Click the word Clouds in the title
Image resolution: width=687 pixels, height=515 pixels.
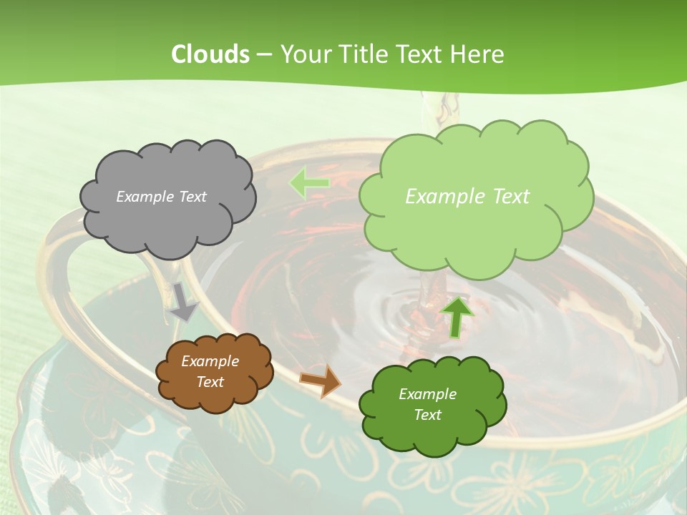coord(210,54)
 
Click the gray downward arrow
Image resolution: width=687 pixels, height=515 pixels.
coord(183,302)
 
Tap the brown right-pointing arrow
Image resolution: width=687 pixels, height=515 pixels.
coord(321,381)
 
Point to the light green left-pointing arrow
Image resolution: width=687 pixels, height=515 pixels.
coord(308,183)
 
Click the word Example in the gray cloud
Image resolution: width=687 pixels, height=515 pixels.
coord(143,197)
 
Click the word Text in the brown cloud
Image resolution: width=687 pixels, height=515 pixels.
coord(210,382)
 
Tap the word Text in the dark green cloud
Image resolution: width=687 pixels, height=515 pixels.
coord(427,415)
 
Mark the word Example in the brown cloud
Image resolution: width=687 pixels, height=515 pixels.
coord(210,361)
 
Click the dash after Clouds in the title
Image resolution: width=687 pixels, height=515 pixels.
coord(263,55)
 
